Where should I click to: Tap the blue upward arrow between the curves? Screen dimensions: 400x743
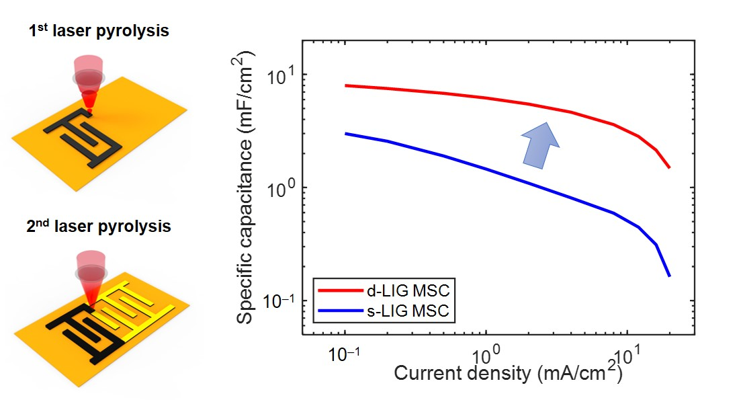tap(542, 142)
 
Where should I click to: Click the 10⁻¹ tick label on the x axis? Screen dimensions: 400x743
tap(344, 355)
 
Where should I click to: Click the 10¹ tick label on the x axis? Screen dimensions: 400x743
tap(626, 355)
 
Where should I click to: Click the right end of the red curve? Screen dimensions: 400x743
tap(669, 167)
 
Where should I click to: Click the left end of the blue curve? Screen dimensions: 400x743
tap(346, 134)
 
